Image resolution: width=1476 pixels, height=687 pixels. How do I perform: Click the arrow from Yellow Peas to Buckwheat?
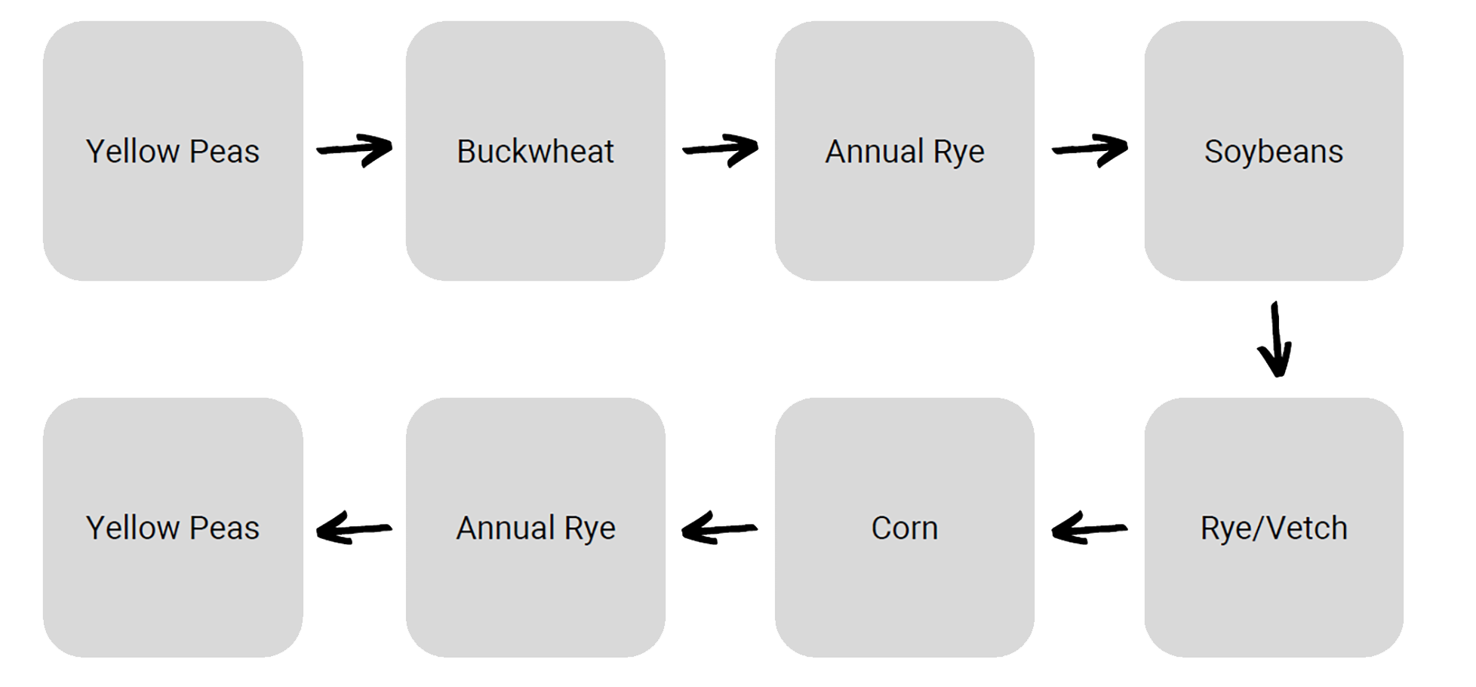(355, 149)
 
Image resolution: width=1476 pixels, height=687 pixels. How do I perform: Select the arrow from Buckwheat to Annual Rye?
(721, 149)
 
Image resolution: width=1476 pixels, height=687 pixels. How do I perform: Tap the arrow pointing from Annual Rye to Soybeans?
(1090, 149)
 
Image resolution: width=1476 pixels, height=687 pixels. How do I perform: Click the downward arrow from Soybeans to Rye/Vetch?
(1275, 340)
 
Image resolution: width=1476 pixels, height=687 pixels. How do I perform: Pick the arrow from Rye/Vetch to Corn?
(1089, 528)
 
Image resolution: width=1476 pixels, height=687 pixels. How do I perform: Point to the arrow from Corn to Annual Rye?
(719, 528)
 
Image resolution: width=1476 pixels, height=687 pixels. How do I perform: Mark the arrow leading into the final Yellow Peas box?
(354, 528)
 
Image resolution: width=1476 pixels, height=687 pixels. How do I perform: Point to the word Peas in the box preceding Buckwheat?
(224, 151)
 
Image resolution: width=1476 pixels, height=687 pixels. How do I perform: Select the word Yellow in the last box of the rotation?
(134, 528)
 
